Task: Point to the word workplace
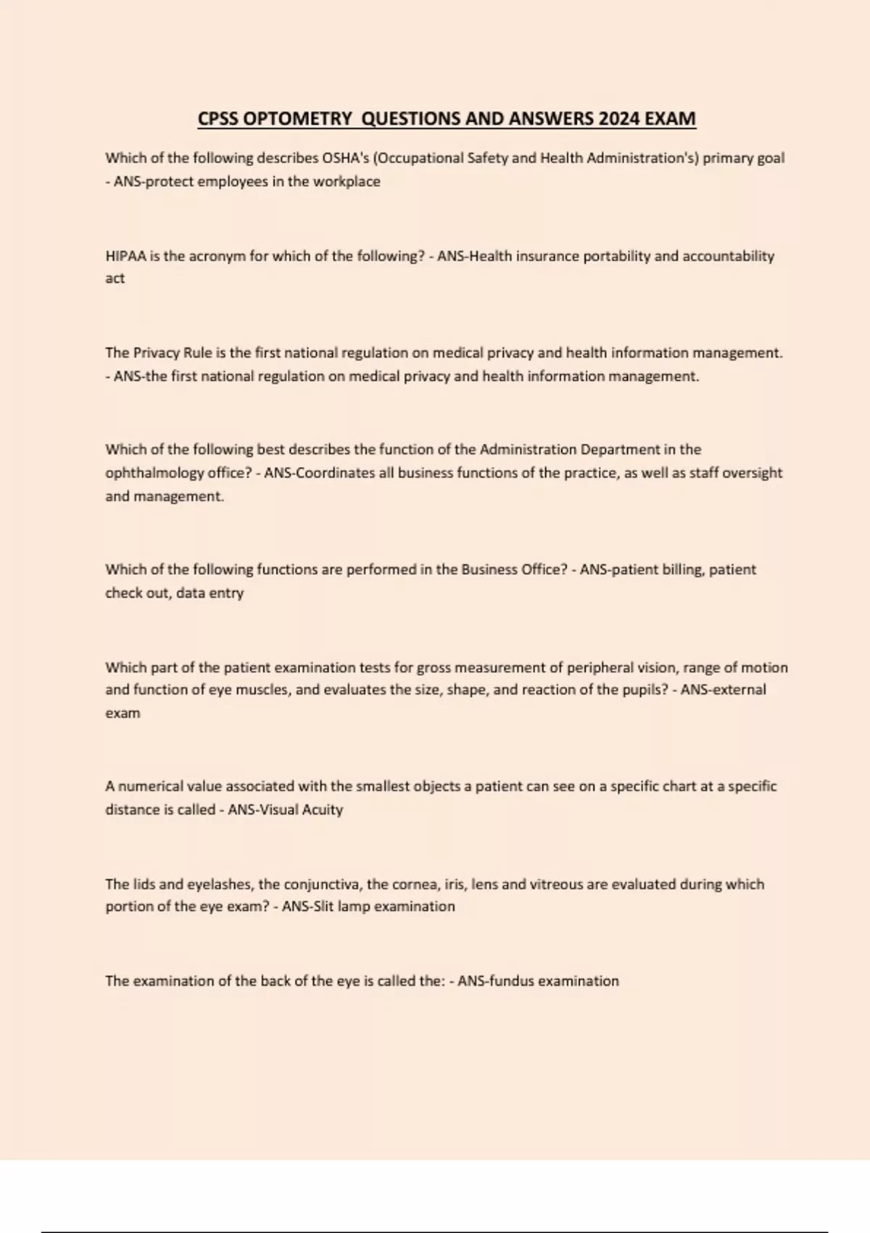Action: (347, 182)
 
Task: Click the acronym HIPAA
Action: (125, 256)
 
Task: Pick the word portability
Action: (616, 256)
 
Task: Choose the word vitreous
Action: (556, 885)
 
